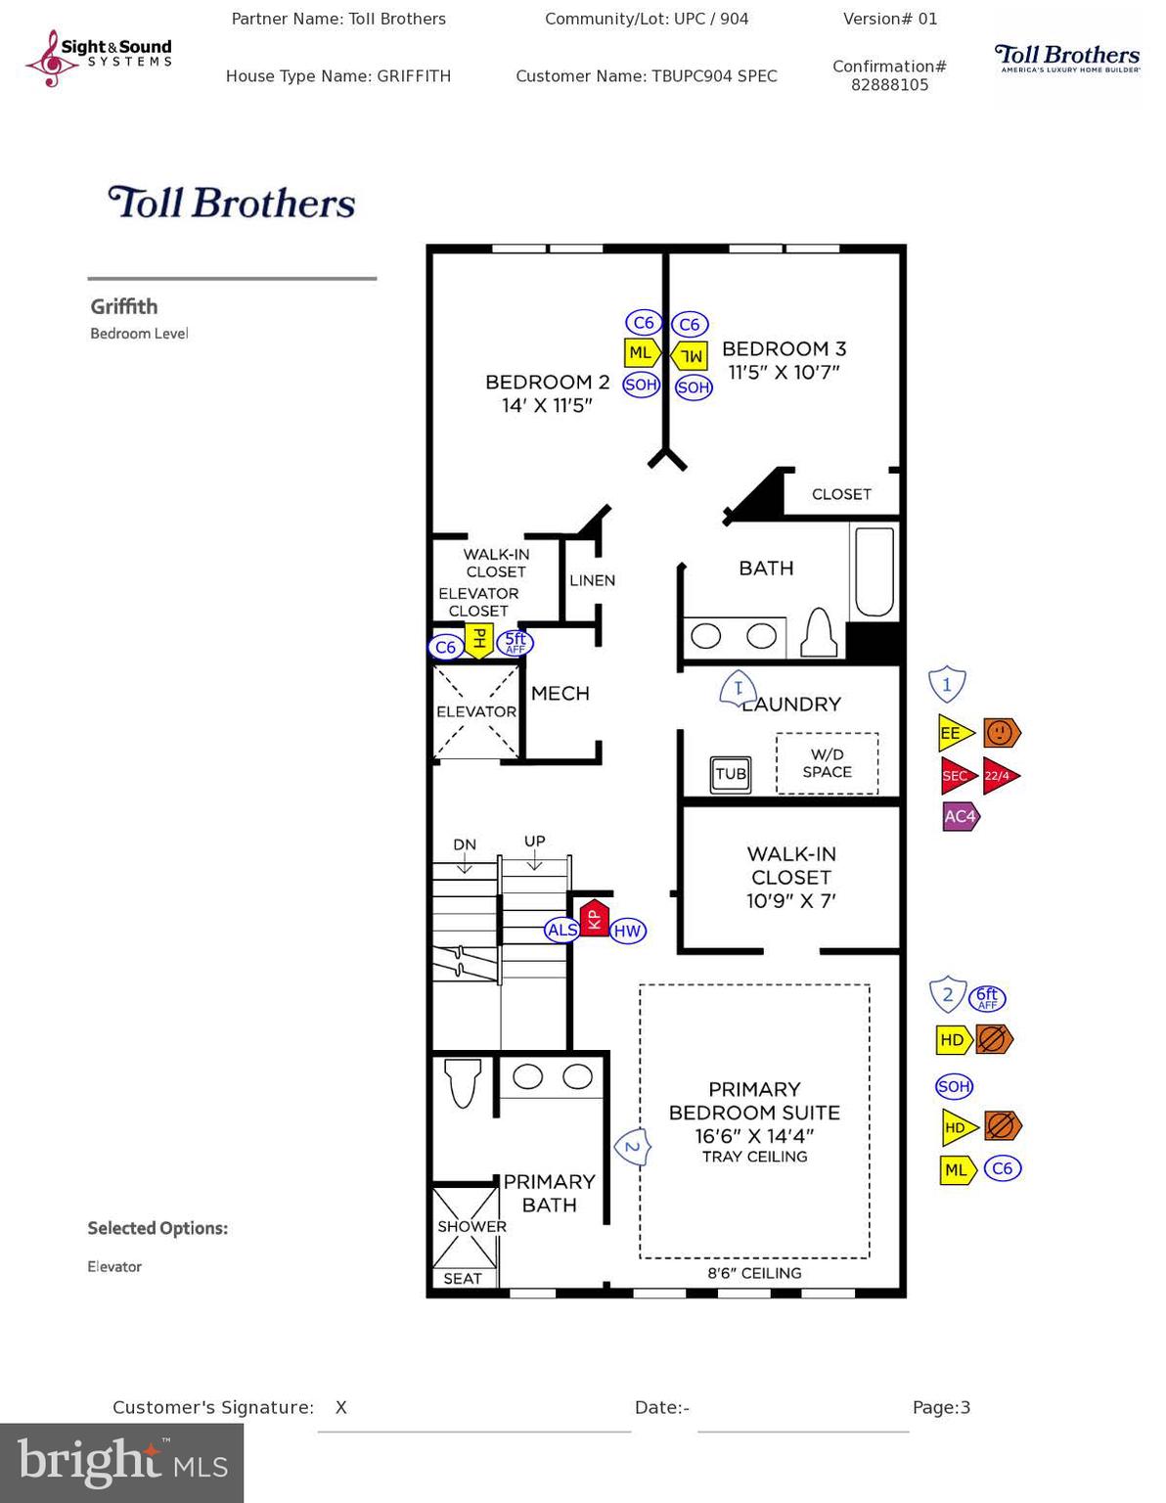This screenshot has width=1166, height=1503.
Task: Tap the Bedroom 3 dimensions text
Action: tap(784, 373)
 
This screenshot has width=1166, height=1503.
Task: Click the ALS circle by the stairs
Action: tap(561, 930)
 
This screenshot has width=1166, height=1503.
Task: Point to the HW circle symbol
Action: tap(627, 932)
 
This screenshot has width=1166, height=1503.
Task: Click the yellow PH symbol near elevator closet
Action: tap(478, 640)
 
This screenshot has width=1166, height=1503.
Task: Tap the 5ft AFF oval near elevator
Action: tap(516, 643)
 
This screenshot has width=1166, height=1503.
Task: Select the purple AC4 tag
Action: tap(960, 816)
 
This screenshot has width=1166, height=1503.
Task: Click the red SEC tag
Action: tap(957, 776)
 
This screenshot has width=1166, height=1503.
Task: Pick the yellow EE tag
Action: tap(954, 733)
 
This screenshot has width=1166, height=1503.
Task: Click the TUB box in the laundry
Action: tap(731, 774)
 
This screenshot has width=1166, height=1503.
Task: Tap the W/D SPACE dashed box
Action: tap(828, 763)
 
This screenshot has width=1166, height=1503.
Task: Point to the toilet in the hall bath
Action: tap(819, 633)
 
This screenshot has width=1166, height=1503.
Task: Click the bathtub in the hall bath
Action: tap(874, 571)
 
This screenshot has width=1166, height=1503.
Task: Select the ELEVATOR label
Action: tap(476, 711)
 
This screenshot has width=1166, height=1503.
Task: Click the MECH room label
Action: tap(561, 693)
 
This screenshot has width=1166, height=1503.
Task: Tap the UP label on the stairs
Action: tap(534, 842)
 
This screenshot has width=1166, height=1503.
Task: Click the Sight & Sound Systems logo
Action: tap(99, 57)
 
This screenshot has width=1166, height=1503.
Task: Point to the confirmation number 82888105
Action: tap(889, 85)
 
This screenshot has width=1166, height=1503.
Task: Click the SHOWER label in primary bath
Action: tap(471, 1226)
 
